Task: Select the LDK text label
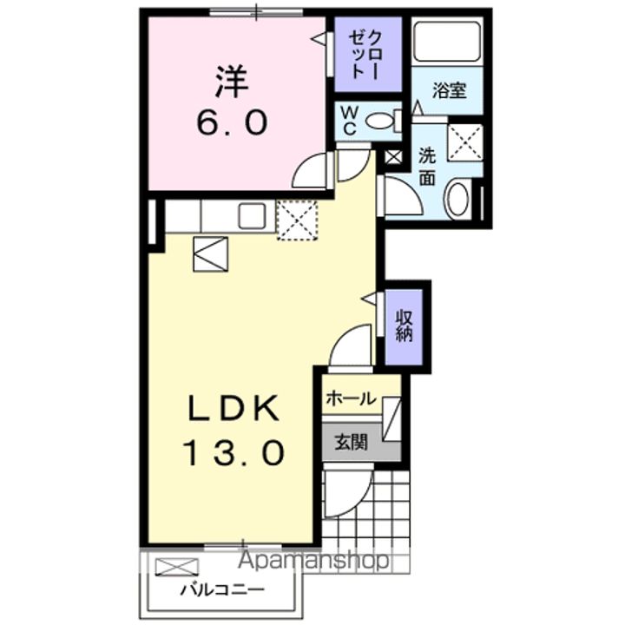pyautogui.click(x=232, y=408)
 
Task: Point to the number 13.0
pyautogui.click(x=232, y=452)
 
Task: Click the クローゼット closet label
pyautogui.click(x=362, y=54)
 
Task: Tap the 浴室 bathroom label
pyautogui.click(x=449, y=90)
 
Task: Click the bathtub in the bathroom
pyautogui.click(x=446, y=41)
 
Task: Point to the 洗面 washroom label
pyautogui.click(x=428, y=167)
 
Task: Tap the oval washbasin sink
pyautogui.click(x=457, y=199)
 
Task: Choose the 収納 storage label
pyautogui.click(x=404, y=326)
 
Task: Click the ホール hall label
pyautogui.click(x=350, y=398)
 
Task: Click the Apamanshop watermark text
pyautogui.click(x=314, y=560)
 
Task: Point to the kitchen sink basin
pyautogui.click(x=253, y=214)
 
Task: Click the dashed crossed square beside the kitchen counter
pyautogui.click(x=297, y=218)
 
